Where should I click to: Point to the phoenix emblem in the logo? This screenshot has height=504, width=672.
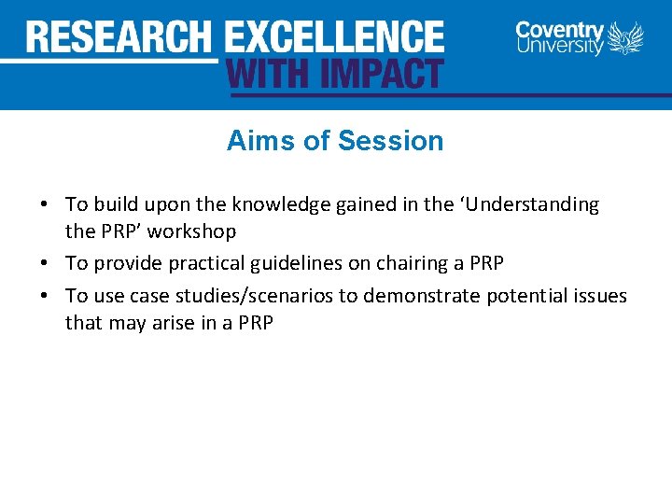[626, 39]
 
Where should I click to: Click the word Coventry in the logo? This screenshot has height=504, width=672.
[559, 30]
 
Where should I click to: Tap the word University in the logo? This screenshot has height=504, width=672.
[559, 47]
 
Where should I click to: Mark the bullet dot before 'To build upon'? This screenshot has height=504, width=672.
[44, 204]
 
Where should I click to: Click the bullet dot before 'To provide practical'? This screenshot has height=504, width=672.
[44, 264]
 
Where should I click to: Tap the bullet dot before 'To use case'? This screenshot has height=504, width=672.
[44, 297]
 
